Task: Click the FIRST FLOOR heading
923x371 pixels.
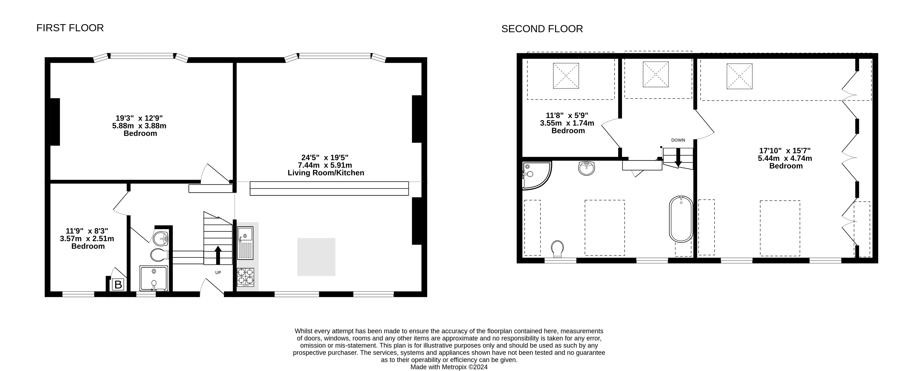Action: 70,28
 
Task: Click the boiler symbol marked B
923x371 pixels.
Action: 118,285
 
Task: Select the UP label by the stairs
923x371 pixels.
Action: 218,273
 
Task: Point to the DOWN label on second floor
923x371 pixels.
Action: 678,140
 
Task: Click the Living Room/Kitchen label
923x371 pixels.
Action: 326,173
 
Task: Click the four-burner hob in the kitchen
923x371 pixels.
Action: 246,277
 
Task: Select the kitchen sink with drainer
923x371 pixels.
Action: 245,243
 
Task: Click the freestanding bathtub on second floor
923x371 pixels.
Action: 681,219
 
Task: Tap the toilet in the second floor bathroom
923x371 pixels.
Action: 557,249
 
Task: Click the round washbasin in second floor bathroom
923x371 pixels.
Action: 587,168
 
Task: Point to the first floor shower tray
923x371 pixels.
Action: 153,278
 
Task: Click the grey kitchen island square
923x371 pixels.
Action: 316,257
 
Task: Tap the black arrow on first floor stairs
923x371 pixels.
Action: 218,255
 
